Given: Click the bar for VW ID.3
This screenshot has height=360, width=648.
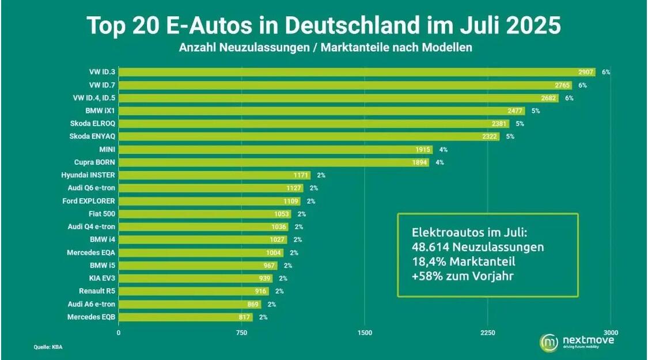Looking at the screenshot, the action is click(357, 73).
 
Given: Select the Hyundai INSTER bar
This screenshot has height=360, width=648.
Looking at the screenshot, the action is click(214, 175).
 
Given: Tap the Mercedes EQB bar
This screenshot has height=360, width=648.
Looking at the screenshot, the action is click(185, 317).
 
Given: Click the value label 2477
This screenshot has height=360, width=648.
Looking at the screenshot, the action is click(515, 111).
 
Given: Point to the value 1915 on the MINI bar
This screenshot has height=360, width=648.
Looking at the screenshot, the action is click(423, 150).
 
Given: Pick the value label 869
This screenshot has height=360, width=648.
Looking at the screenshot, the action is click(252, 304).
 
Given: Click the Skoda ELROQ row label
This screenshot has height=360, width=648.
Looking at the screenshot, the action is click(93, 124).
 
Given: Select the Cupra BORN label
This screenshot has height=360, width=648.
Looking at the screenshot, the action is click(94, 162).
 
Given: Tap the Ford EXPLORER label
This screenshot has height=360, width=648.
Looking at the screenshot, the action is click(89, 201).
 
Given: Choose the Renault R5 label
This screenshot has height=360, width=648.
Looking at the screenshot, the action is click(97, 291).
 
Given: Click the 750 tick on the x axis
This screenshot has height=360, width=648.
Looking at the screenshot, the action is click(241, 333).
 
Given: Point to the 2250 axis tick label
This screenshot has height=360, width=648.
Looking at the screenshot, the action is click(488, 333).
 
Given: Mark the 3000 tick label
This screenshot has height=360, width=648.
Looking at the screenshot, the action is click(611, 333).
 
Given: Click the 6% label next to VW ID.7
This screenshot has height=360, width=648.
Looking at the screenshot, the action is click(583, 85).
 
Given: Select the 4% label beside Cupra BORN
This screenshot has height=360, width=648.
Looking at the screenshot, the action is click(439, 162).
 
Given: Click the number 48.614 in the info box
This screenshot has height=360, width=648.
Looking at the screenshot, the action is click(430, 247).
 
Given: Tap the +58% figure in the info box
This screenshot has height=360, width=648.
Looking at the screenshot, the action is click(427, 276).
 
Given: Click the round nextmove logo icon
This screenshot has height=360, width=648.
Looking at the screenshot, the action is click(549, 343).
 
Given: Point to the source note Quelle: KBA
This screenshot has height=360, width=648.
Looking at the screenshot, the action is click(48, 347).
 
